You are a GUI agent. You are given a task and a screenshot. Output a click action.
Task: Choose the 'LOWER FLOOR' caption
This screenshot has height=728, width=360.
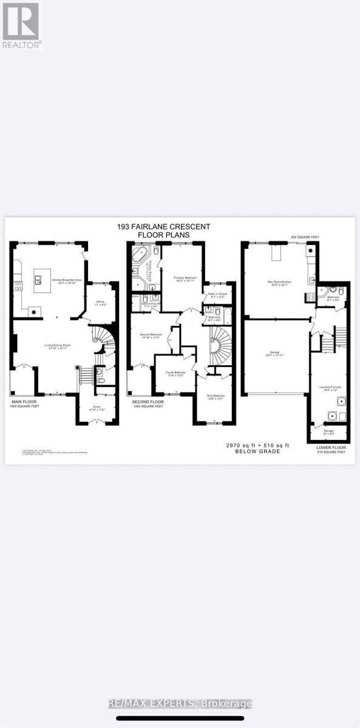tap(331, 447)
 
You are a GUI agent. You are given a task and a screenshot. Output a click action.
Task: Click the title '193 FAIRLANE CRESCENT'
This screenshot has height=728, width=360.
tap(164, 227)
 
